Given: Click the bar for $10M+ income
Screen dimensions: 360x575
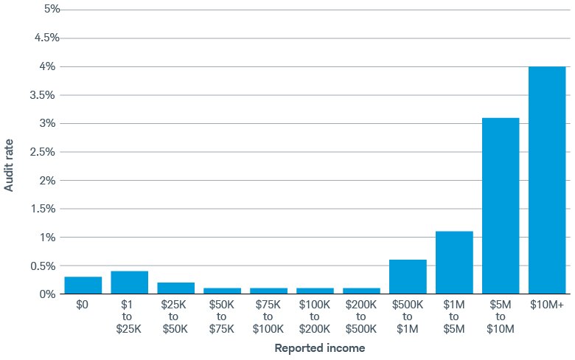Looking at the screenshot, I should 547,180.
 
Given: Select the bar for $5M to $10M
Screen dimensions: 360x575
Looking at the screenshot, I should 501,206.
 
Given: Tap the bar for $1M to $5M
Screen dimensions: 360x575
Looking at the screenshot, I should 454,263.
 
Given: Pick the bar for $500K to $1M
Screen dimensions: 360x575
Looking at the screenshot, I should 408,277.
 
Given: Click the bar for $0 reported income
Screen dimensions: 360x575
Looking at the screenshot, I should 83,285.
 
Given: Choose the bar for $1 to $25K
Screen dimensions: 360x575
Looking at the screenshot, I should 130,283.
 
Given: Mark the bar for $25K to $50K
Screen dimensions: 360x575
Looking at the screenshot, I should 176,288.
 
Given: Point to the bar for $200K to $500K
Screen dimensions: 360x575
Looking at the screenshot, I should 361,291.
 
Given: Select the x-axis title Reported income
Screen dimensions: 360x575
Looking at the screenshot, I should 319,347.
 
